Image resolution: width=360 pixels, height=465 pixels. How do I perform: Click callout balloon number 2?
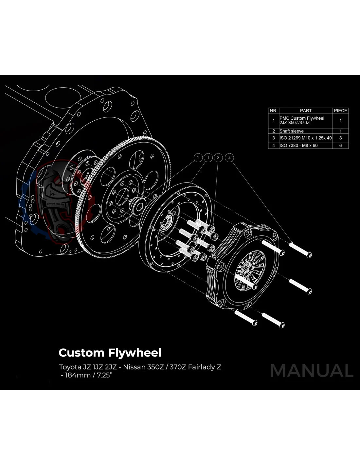pyautogui.click(x=198, y=158)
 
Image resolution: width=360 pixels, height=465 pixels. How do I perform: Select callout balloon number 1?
pyautogui.click(x=208, y=158)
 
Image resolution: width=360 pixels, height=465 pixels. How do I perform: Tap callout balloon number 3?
pyautogui.click(x=218, y=158)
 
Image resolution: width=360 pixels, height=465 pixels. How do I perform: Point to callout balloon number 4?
pyautogui.click(x=230, y=158)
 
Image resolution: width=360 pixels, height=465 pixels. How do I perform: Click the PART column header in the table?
pyautogui.click(x=306, y=111)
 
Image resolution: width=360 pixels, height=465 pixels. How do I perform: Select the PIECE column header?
pyautogui.click(x=340, y=111)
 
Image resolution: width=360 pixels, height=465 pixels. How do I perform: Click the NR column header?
pyautogui.click(x=273, y=111)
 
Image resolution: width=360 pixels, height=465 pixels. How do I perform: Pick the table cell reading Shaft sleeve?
pyautogui.click(x=292, y=131)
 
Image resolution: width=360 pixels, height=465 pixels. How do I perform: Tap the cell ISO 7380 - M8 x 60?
pyautogui.click(x=298, y=145)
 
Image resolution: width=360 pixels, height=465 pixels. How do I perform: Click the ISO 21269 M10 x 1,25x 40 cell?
pyautogui.click(x=305, y=138)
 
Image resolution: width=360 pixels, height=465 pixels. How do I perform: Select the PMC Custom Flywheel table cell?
pyautogui.click(x=302, y=120)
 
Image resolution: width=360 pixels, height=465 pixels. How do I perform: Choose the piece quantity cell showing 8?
pyautogui.click(x=340, y=138)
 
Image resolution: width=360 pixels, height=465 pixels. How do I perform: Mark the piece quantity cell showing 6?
pyautogui.click(x=340, y=145)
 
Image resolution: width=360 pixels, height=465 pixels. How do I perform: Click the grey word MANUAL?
pyautogui.click(x=312, y=371)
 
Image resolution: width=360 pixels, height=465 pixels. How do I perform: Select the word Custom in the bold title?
pyautogui.click(x=81, y=353)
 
